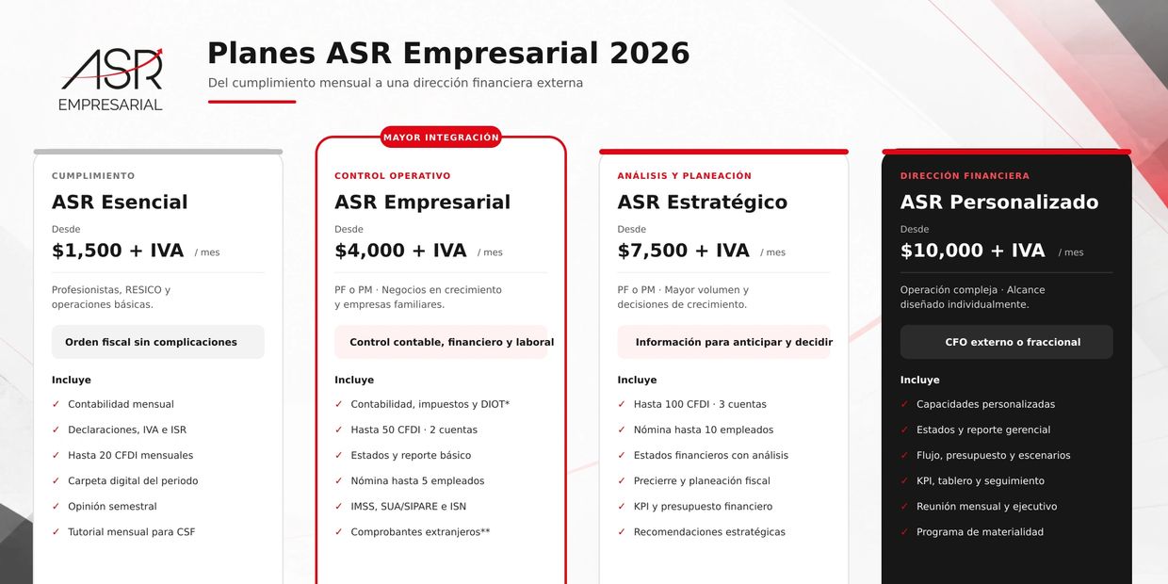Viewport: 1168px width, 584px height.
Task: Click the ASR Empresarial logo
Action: pos(110,79)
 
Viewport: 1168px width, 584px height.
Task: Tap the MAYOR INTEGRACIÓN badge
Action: pos(441,138)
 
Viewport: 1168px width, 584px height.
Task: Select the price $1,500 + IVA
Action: pos(118,251)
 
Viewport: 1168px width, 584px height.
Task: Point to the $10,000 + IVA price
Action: pos(973,251)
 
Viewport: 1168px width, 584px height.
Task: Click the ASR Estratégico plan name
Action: pos(703,202)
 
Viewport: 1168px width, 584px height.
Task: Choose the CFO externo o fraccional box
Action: pos(1006,342)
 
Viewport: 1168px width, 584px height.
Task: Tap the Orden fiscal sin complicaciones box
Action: pos(158,342)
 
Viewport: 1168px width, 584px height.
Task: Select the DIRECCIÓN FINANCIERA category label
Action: pos(965,176)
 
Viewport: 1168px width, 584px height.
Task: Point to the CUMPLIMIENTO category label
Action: pos(93,176)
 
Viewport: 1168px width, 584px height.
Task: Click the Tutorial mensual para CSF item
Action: pos(132,532)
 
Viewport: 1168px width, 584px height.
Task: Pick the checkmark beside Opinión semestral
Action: pos(56,506)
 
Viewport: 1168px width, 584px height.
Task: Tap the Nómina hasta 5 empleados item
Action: pos(417,480)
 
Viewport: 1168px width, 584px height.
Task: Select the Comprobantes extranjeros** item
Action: pos(420,532)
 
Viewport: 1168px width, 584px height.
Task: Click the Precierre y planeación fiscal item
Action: pos(702,480)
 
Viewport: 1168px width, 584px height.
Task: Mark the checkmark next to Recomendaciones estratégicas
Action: pos(622,531)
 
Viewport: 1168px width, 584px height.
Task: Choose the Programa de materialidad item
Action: pos(980,532)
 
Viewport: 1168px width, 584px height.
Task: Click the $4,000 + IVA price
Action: pos(400,251)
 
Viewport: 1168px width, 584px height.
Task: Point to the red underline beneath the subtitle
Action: pos(251,102)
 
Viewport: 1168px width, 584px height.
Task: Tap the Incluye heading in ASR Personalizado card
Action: pos(919,380)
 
